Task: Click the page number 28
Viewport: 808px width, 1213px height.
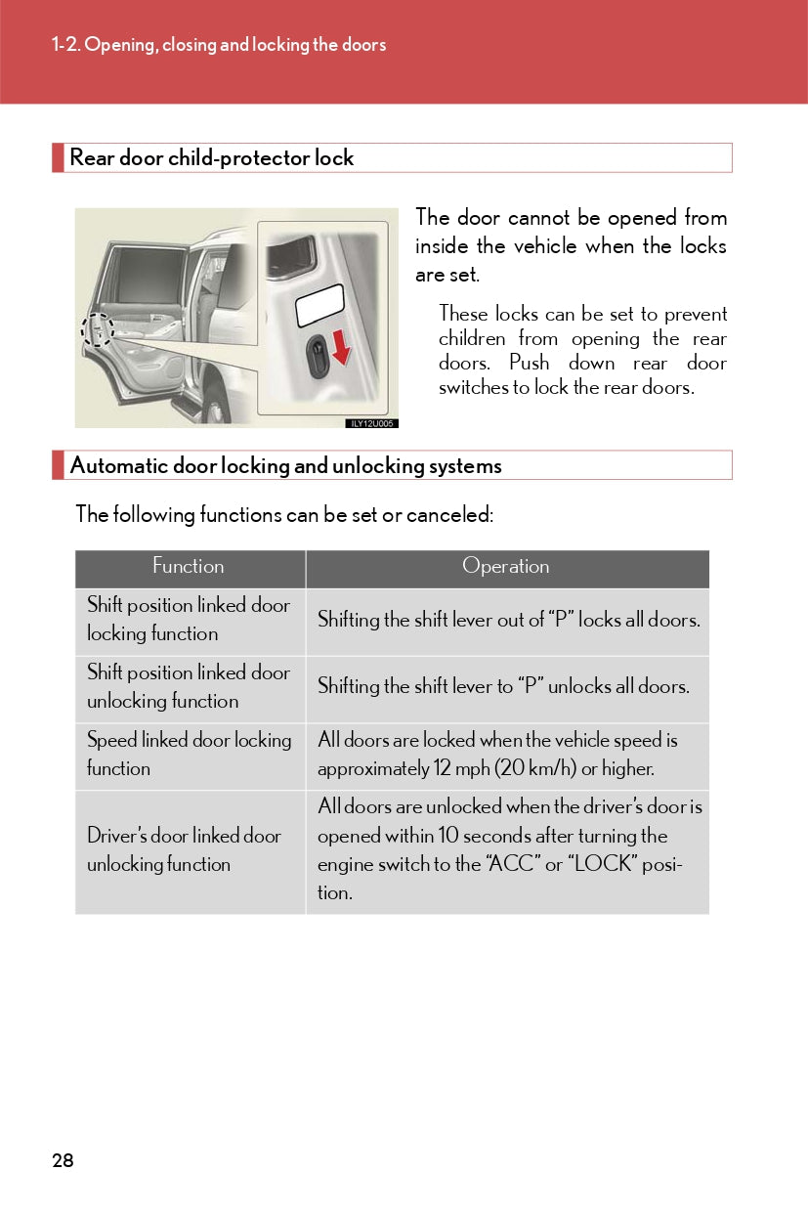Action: click(63, 1160)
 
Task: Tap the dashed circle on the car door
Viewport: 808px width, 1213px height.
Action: click(98, 330)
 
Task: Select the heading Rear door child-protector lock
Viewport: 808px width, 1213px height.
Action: click(211, 158)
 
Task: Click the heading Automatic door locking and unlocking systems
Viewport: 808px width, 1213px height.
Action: click(285, 466)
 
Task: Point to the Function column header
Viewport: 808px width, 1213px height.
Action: click(189, 567)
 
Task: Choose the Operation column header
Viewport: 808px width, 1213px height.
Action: click(506, 567)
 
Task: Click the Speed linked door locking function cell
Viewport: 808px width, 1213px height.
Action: click(189, 755)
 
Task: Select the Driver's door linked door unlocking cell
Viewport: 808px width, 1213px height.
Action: click(184, 850)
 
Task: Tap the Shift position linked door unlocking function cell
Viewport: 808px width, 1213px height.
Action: click(189, 687)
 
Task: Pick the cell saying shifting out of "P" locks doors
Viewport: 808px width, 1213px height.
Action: click(508, 620)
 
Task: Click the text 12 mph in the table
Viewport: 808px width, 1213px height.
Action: click(460, 769)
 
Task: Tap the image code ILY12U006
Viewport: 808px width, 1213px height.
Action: click(372, 423)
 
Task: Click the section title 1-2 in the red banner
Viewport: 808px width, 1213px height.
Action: click(219, 45)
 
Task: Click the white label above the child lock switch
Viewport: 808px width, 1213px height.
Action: click(319, 304)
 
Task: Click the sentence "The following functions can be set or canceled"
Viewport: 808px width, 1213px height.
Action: click(284, 514)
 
